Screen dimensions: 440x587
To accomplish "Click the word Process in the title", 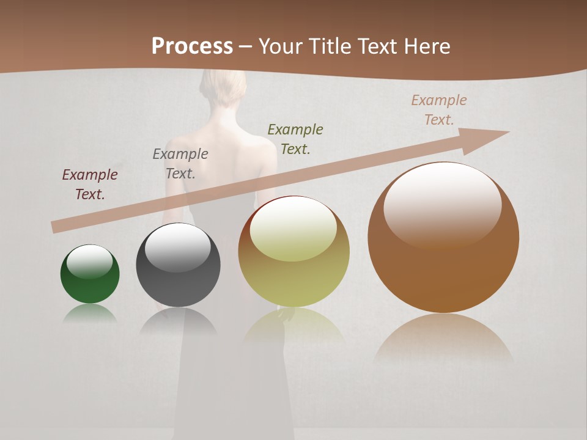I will pos(192,46).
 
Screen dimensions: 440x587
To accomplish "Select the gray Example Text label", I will pos(180,164).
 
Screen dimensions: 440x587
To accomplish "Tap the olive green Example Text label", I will pos(295,139).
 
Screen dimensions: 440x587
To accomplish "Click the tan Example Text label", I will pos(439,110).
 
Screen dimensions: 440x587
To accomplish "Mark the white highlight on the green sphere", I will pos(89,262).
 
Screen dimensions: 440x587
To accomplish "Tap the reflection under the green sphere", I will pos(90,313).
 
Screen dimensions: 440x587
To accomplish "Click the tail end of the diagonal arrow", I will pos(56,227).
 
